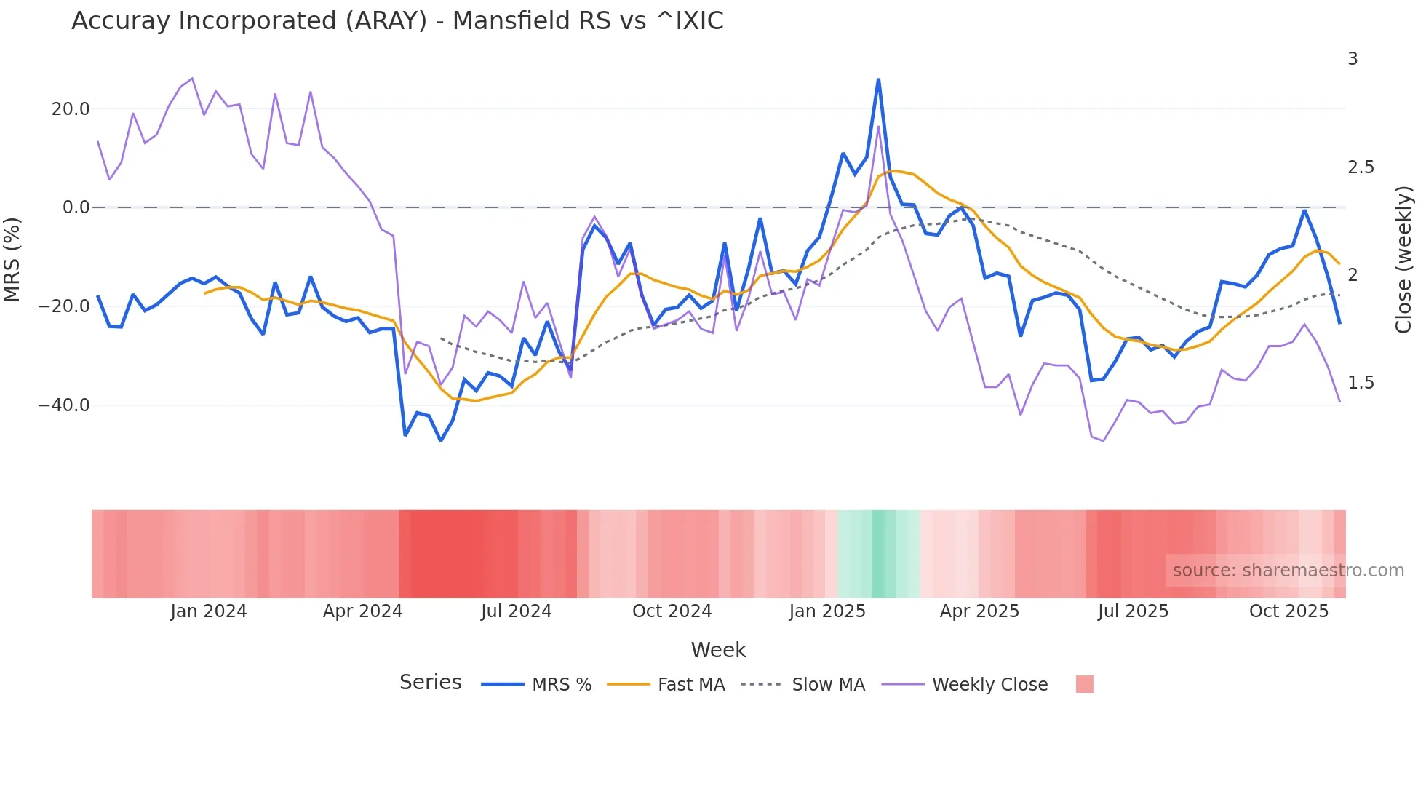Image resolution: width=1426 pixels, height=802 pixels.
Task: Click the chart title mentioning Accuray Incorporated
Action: pos(397,21)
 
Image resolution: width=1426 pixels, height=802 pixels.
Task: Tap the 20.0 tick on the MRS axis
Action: pos(71,109)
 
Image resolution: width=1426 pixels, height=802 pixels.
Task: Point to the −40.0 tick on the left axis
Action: pos(64,405)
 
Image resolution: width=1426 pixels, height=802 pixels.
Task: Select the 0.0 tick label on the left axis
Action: pos(76,207)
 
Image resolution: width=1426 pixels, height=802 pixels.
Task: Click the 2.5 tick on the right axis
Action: pos(1361,167)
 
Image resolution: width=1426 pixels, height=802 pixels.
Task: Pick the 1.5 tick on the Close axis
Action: pos(1361,383)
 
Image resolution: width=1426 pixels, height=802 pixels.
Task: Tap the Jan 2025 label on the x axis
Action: pos(827,611)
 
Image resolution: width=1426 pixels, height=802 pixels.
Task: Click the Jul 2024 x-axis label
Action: pos(516,611)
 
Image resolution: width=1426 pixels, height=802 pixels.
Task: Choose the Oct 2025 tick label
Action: pos(1288,611)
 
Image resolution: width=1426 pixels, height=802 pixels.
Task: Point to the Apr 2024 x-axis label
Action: pos(362,611)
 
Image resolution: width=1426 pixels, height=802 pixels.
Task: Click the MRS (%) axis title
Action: pos(12,259)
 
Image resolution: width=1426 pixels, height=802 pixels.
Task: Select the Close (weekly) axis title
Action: pos(1403,259)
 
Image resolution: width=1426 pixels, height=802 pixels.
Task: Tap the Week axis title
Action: pos(718,650)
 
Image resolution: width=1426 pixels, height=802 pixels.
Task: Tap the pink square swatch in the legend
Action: pos(1084,685)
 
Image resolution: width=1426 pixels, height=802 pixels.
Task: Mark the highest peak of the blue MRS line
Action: pos(878,79)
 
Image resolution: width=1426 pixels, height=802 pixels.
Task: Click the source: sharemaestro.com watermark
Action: pos(1288,571)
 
